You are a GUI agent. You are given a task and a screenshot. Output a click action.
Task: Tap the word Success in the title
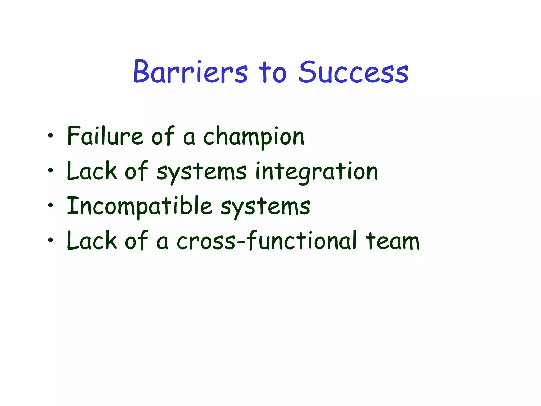pos(353,72)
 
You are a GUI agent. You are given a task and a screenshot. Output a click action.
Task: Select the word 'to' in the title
pos(272,72)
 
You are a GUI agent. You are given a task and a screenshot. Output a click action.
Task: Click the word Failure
pos(105,136)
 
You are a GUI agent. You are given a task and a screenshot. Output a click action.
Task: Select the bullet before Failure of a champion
pos(50,136)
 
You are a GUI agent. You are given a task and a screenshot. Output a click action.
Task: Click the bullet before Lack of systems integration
pos(50,171)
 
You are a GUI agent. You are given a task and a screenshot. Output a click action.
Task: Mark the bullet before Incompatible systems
pos(50,205)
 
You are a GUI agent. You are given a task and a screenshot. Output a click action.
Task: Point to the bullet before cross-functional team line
pos(50,240)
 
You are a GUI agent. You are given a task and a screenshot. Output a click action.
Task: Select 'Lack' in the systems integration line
pos(91,171)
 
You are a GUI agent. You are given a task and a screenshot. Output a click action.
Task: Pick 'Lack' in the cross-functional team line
pos(91,241)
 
